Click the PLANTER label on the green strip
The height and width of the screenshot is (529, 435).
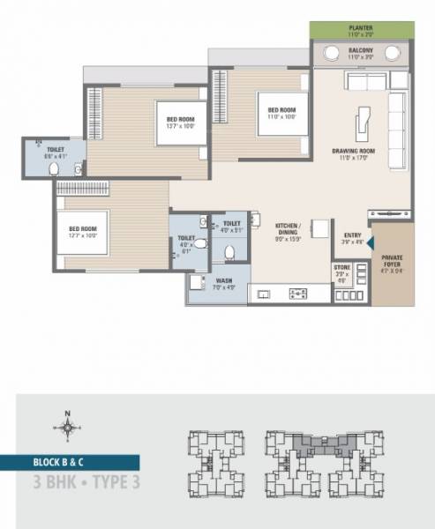(x=361, y=27)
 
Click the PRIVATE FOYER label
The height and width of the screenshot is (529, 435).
(x=392, y=262)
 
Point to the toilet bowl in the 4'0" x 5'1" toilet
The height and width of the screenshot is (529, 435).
(x=231, y=250)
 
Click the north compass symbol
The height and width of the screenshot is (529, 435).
(x=65, y=428)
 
